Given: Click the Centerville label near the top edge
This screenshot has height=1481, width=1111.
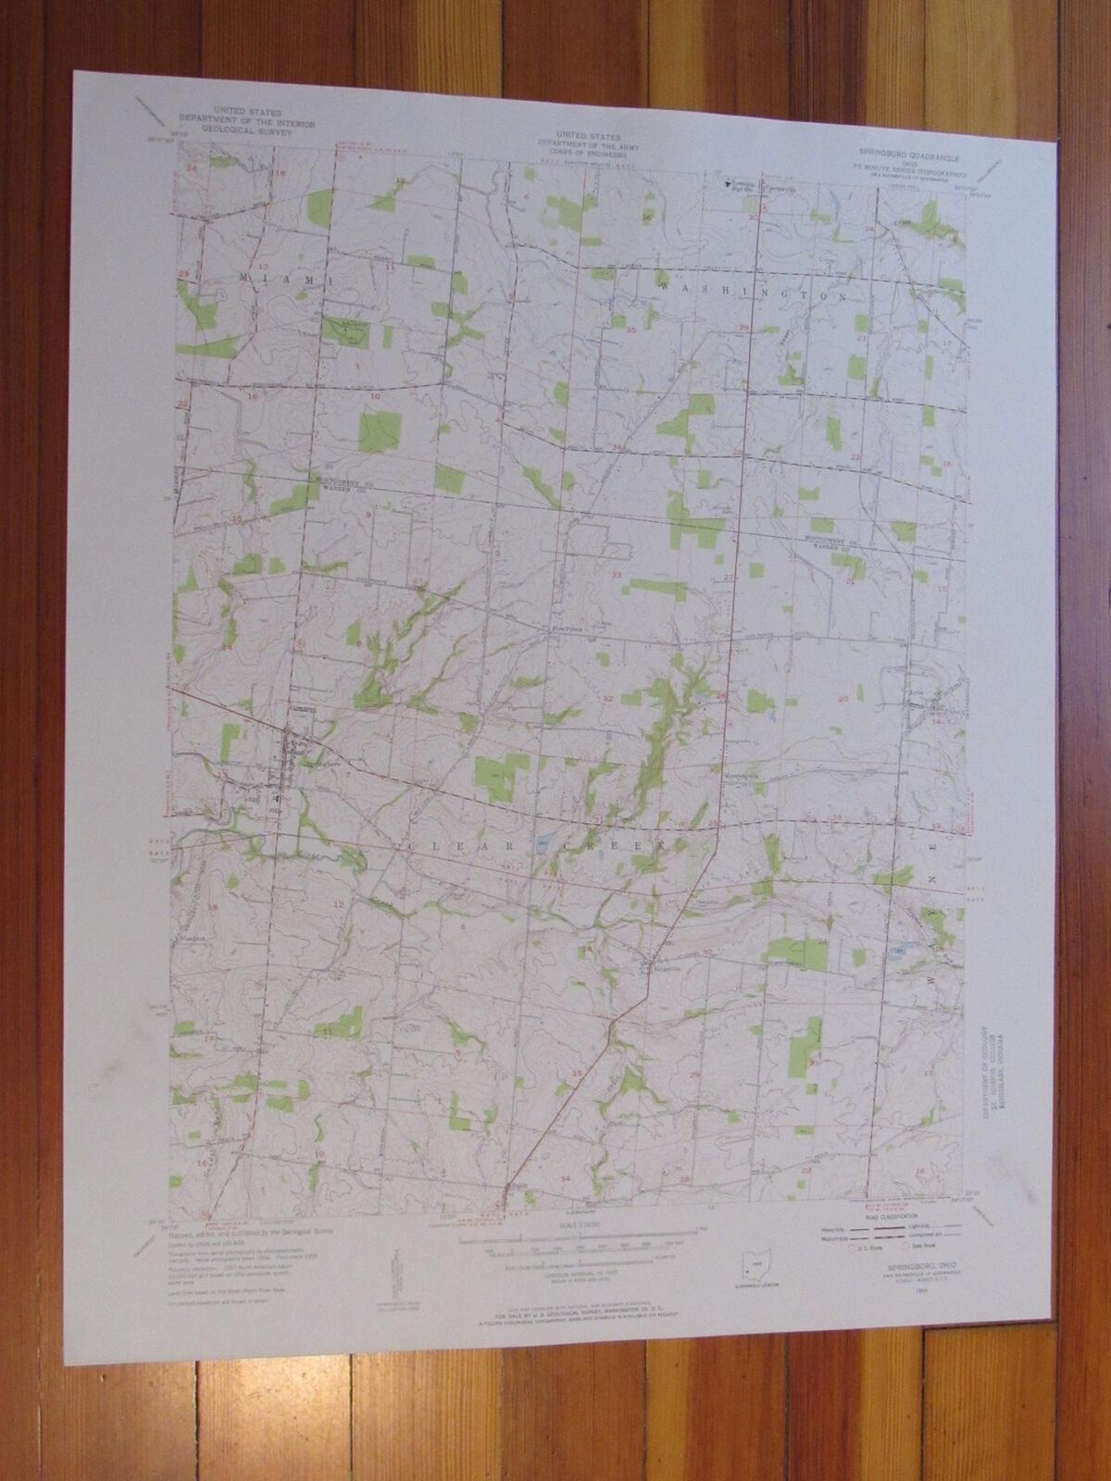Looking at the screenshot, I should click(x=776, y=183).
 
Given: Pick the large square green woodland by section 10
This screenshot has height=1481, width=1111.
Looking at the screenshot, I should click(x=379, y=429).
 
